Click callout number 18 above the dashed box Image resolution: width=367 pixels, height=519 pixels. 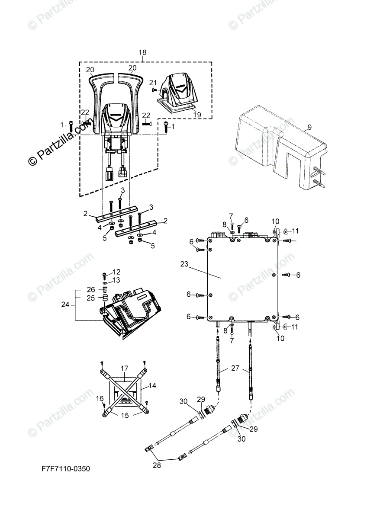(x=142, y=53)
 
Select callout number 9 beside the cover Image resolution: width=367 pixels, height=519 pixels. (x=309, y=127)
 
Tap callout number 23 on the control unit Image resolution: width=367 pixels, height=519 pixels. (x=184, y=264)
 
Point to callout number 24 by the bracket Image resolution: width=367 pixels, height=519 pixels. (x=65, y=304)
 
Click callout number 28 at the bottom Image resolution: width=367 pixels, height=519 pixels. (x=157, y=465)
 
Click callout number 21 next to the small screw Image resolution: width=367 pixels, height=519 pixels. (x=153, y=83)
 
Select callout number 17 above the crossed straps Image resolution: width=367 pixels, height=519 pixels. (x=125, y=368)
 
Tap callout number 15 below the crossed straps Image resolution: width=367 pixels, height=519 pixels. (x=125, y=416)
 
